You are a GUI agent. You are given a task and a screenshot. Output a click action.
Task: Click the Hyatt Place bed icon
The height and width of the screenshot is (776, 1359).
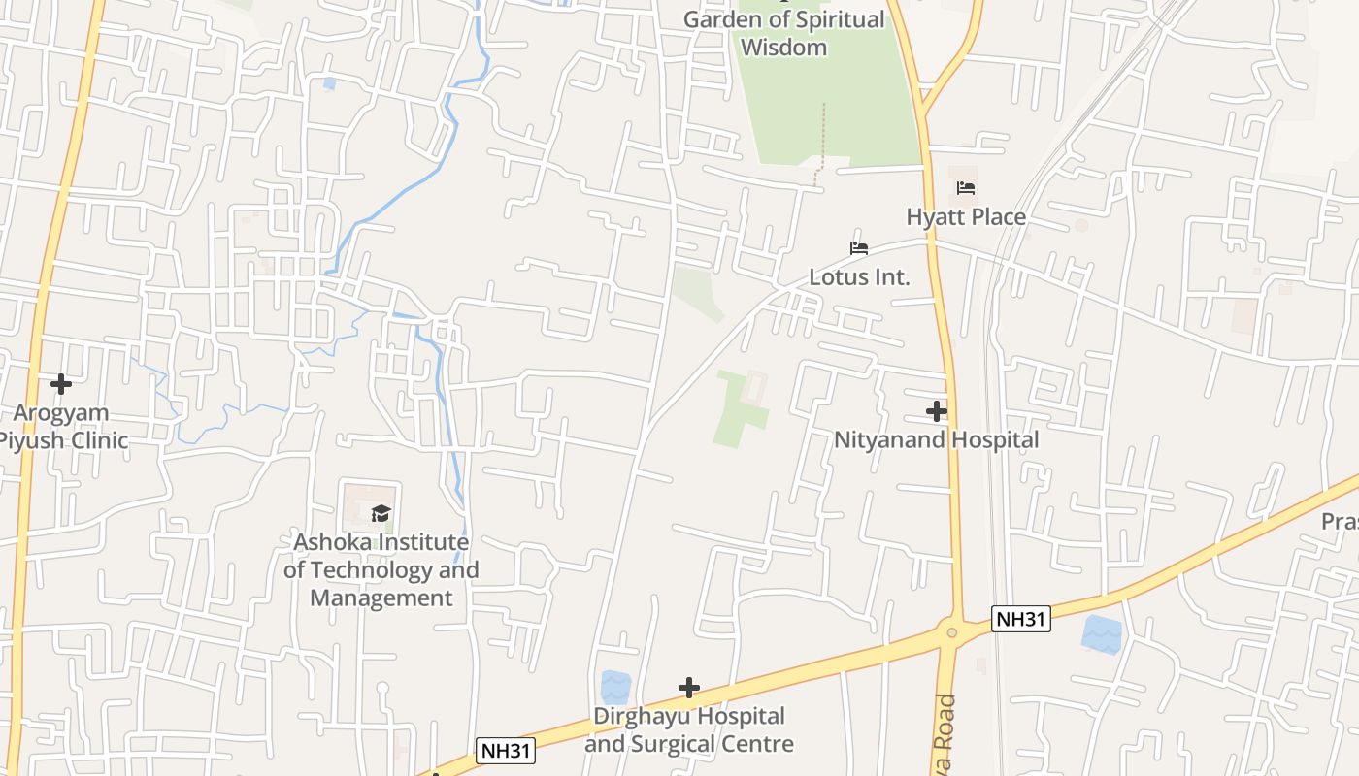pyautogui.click(x=965, y=188)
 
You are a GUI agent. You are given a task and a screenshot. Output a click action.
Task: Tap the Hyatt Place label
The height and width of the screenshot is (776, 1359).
pyautogui.click(x=966, y=217)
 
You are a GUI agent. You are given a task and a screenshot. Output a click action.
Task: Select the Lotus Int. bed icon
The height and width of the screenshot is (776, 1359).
pyautogui.click(x=858, y=248)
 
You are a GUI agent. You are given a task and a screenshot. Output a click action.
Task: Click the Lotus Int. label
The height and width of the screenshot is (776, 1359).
pyautogui.click(x=860, y=277)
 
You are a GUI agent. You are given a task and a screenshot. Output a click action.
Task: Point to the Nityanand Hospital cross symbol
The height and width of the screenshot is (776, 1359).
pyautogui.click(x=936, y=411)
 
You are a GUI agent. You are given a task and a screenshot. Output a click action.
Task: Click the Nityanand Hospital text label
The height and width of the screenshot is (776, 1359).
pyautogui.click(x=936, y=440)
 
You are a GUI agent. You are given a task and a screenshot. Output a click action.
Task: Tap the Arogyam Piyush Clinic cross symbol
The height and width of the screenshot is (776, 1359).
pyautogui.click(x=61, y=384)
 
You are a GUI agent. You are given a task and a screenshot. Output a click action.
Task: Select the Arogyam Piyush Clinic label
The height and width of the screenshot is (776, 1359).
pyautogui.click(x=63, y=427)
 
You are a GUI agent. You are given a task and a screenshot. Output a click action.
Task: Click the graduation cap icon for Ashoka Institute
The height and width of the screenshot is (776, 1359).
pyautogui.click(x=381, y=513)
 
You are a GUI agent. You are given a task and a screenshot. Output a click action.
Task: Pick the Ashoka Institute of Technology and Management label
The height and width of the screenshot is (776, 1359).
pyautogui.click(x=381, y=569)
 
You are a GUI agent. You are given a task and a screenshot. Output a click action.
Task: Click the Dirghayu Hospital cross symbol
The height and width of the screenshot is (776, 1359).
pyautogui.click(x=689, y=688)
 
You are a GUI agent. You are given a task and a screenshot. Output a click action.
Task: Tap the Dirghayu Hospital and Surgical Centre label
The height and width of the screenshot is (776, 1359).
pyautogui.click(x=689, y=729)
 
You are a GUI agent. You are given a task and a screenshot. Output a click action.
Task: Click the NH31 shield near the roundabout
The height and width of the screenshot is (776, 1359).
pyautogui.click(x=1020, y=619)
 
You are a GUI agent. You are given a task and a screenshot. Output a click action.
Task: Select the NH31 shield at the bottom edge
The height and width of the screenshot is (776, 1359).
pyautogui.click(x=506, y=750)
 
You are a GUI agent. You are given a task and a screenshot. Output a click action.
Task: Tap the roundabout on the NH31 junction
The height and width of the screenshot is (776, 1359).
pyautogui.click(x=951, y=632)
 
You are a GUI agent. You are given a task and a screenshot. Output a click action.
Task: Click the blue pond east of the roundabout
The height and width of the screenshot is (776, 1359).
pyautogui.click(x=1101, y=634)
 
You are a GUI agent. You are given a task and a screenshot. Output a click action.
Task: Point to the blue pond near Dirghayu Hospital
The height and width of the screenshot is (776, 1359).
pyautogui.click(x=614, y=688)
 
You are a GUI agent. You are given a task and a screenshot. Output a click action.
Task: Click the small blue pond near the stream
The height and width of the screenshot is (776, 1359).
pyautogui.click(x=329, y=83)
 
